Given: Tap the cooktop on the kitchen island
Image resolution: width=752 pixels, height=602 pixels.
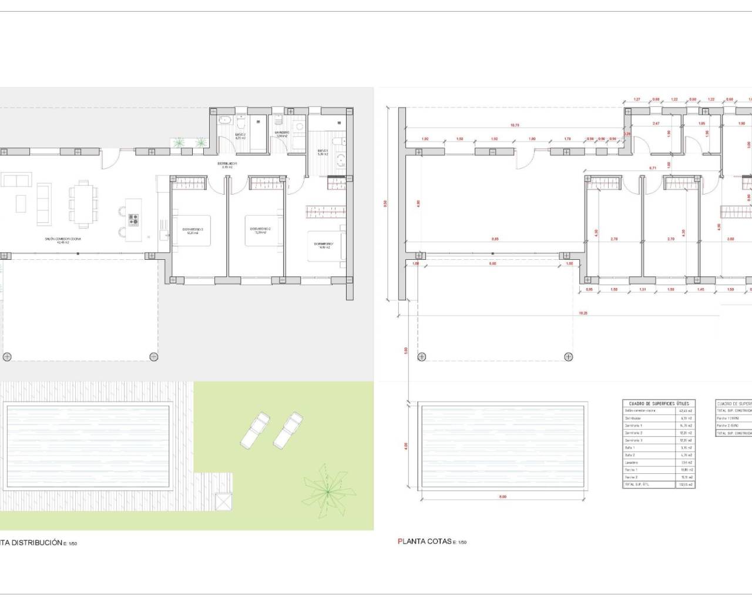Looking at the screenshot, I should click(134, 219).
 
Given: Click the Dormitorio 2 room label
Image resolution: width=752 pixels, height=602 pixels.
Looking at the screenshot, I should click(260, 230).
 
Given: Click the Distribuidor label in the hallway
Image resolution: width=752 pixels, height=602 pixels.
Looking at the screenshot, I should click(229, 164).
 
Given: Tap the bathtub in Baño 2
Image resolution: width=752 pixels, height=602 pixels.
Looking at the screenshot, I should click(224, 121).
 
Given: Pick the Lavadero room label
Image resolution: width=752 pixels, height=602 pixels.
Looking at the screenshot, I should click(281, 133).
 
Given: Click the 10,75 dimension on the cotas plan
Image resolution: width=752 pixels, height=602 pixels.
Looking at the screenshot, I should click(515, 125).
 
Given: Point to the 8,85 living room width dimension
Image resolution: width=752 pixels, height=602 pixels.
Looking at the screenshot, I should click(495, 239).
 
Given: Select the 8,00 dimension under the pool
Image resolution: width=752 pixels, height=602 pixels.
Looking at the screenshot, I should click(503, 497).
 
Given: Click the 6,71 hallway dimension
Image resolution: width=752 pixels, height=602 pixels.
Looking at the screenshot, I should click(652, 168).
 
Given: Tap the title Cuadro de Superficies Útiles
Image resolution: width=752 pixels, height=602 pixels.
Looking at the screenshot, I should click(659, 403).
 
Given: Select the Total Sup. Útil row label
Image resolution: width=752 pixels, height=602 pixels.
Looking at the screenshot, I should click(638, 484).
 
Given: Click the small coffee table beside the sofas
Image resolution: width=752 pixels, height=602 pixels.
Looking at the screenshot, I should click(21, 203).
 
